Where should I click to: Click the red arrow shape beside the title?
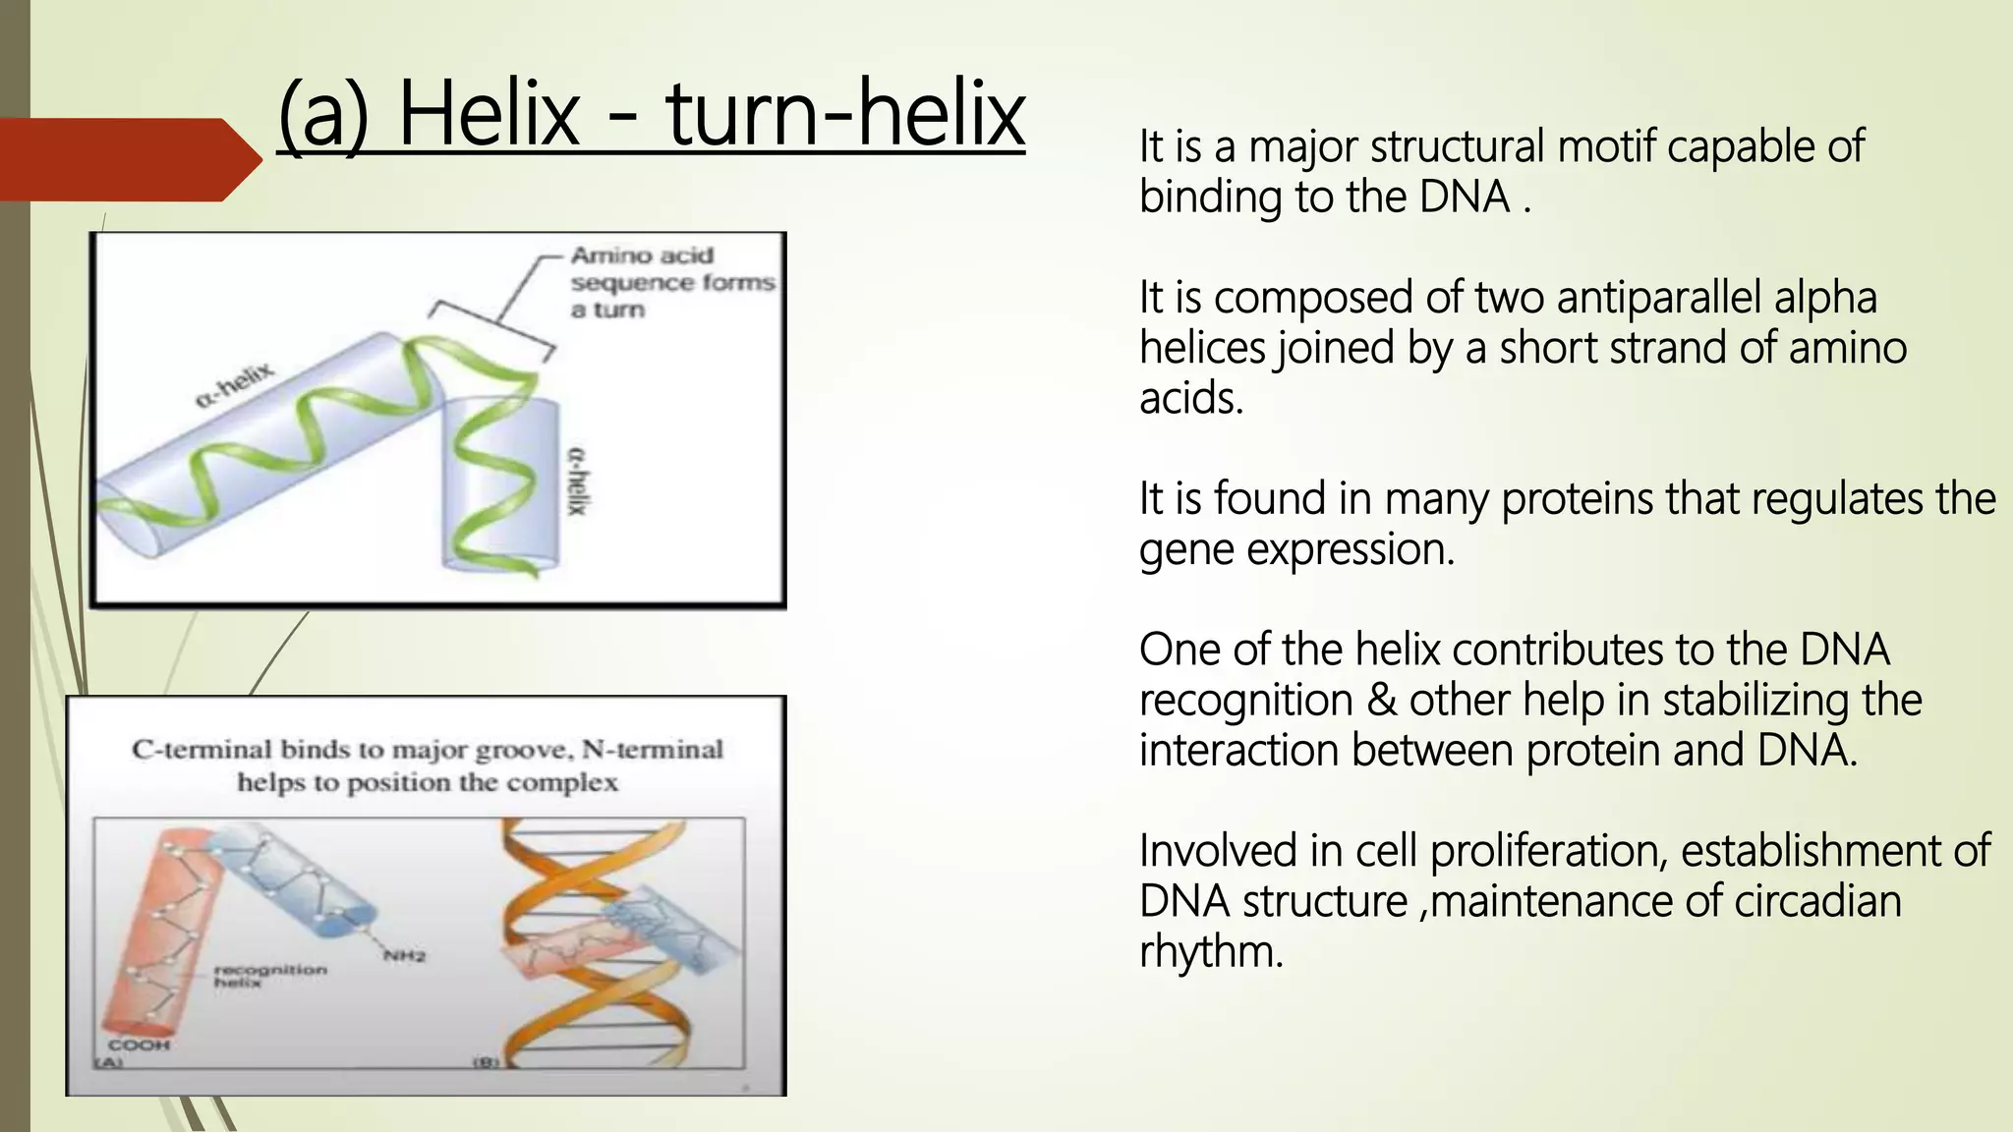128,159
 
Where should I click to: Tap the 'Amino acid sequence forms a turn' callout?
671,283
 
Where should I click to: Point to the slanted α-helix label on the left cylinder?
236,385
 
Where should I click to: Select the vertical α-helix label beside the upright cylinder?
578,480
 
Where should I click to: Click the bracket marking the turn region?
491,328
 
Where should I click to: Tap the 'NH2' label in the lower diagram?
404,955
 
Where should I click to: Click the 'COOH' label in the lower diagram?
139,1045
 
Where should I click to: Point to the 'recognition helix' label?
269,975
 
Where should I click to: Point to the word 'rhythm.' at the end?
1211,951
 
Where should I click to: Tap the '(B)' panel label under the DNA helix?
487,1062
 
